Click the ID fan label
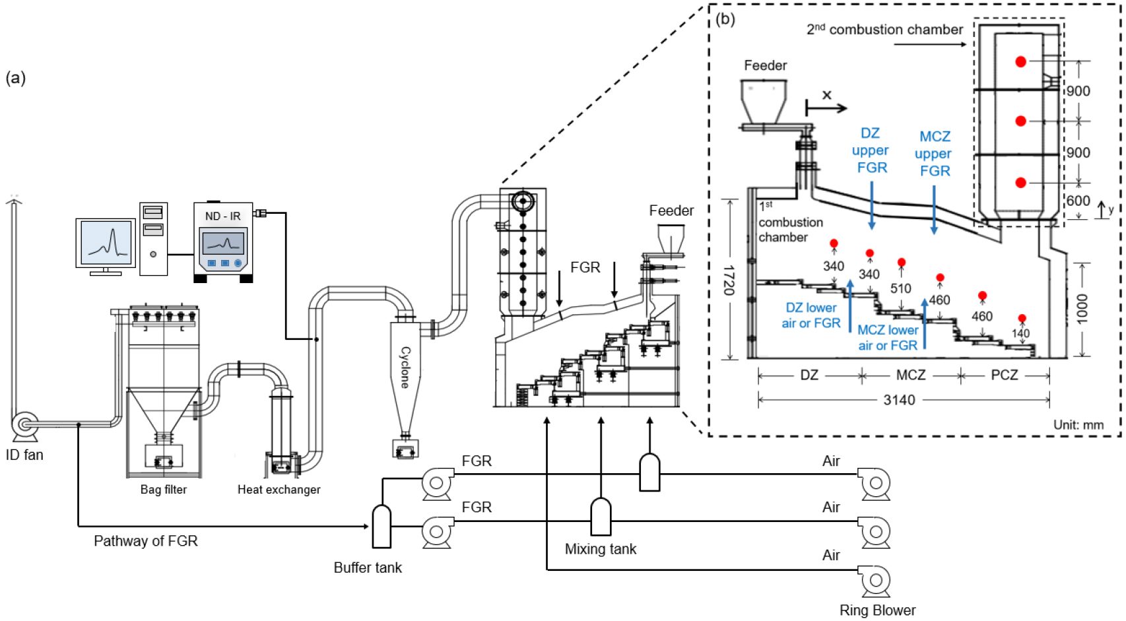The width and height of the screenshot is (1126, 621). (24, 455)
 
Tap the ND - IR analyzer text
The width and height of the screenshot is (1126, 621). (222, 216)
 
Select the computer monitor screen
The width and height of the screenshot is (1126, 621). (106, 242)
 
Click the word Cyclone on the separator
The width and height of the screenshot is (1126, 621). (405, 368)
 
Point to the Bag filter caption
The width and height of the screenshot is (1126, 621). (164, 490)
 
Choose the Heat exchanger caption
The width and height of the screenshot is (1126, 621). (279, 490)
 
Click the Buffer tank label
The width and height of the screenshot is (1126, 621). (368, 568)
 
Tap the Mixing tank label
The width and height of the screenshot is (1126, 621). (600, 548)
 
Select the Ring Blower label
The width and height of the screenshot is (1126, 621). (878, 610)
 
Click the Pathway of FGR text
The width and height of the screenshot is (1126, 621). (146, 540)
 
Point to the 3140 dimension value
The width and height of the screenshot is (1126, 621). (900, 400)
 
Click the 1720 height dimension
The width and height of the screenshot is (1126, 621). (729, 280)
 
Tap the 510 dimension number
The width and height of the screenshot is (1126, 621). (900, 288)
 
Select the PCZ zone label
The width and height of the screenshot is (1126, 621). (1005, 375)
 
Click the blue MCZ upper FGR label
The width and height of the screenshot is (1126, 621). (935, 154)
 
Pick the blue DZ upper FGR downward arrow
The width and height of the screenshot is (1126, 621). (872, 205)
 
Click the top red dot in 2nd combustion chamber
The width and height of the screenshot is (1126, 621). (1020, 62)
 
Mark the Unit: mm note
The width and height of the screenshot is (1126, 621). (1078, 424)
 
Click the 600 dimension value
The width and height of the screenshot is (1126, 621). (1078, 201)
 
